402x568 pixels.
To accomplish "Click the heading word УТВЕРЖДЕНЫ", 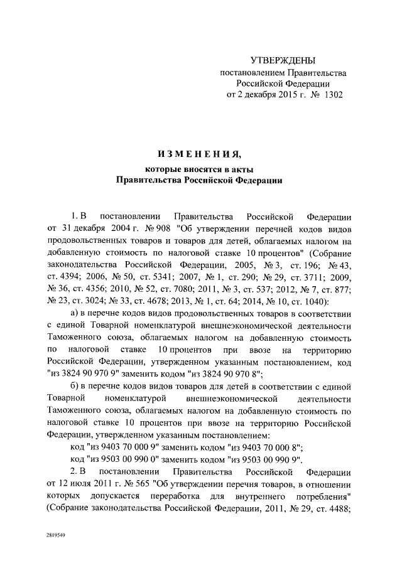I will click(282, 60).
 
